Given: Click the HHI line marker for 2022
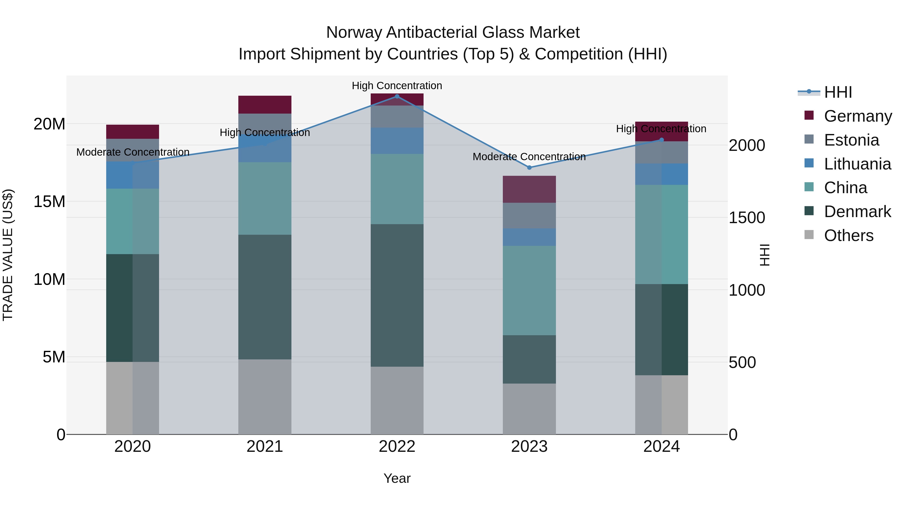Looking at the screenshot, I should coord(397,96).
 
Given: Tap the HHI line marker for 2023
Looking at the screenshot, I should coord(529,167).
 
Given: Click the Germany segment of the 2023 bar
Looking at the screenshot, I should coord(529,189).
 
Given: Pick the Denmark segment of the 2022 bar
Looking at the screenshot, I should coord(397,295).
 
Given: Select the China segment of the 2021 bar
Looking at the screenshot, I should coord(265,198).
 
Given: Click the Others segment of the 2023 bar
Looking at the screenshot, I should coord(529,409).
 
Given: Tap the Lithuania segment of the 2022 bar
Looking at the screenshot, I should coord(397,141).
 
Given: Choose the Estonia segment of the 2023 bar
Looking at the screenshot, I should coord(529,215).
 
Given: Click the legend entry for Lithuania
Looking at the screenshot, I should coord(857,164).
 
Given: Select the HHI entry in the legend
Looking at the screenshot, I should coord(838,92).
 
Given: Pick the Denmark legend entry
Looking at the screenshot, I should coord(857,212).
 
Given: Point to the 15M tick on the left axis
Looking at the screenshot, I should coord(49,202).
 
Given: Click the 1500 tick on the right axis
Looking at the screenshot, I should coord(747,218).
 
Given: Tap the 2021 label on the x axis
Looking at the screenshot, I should coord(265,447).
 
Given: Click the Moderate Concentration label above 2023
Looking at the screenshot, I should coord(529,157).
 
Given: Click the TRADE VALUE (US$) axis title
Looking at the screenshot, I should coord(8,255).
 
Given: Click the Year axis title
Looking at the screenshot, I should coord(397,478).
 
